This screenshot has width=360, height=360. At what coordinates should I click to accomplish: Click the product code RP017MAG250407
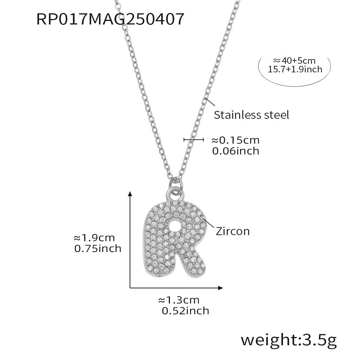[111, 19]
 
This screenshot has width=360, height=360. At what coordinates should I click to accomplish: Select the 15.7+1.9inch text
[295, 69]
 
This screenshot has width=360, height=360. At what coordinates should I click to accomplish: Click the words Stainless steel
[251, 115]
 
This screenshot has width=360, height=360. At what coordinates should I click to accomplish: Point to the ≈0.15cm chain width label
[235, 140]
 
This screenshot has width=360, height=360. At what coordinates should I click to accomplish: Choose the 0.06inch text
[235, 151]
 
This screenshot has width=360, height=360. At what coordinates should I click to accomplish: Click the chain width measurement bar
[194, 140]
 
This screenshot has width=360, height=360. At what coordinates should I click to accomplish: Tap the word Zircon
[233, 231]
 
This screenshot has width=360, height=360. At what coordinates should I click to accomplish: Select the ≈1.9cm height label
[94, 238]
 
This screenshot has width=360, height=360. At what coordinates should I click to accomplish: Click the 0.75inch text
[97, 248]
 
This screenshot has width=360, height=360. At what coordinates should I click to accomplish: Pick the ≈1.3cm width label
[179, 300]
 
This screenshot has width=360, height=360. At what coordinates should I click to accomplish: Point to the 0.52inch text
[185, 310]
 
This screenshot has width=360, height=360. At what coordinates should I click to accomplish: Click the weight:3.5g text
[288, 339]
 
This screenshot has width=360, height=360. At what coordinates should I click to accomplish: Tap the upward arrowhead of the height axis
[130, 194]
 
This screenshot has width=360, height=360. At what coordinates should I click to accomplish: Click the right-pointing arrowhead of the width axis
[220, 287]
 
